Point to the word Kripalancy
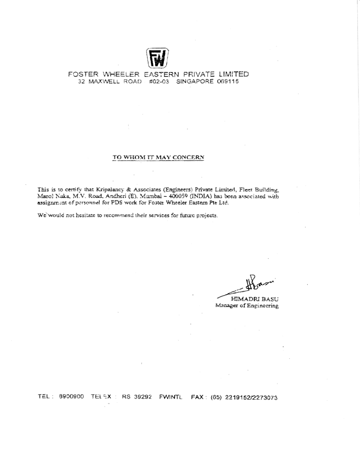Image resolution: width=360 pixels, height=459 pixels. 110,189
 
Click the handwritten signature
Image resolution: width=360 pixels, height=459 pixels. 248,284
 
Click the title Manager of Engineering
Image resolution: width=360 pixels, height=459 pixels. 247,306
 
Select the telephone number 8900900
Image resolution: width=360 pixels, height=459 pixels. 71,397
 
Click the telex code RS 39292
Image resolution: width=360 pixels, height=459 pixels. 137,397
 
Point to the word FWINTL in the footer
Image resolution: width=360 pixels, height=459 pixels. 171,397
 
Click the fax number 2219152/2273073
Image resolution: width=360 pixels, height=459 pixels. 251,397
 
